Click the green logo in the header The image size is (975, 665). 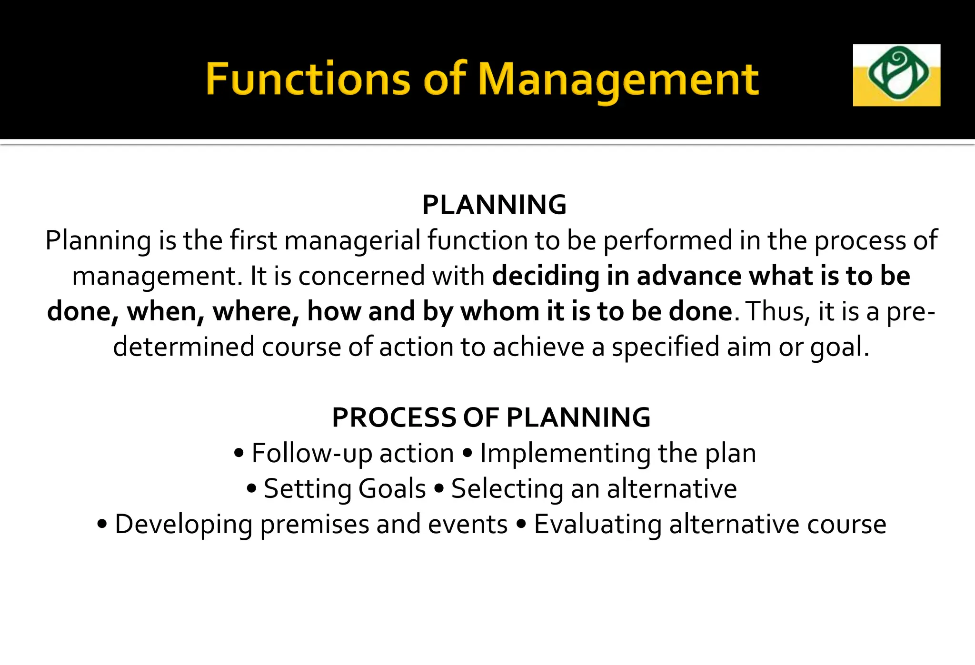coord(896,75)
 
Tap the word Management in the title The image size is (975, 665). coord(618,79)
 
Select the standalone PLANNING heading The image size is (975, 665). coord(494,205)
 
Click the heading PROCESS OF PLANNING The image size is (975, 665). coord(491,417)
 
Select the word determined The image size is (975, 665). coord(184,347)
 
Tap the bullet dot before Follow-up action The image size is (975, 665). coord(239,453)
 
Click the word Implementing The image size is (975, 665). coord(565,453)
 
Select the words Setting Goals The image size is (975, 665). coord(345,489)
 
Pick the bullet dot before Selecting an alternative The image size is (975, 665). coord(439,488)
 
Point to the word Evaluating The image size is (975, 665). coord(597,525)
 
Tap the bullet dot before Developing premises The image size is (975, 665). coord(102,524)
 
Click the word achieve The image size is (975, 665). coord(538,347)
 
